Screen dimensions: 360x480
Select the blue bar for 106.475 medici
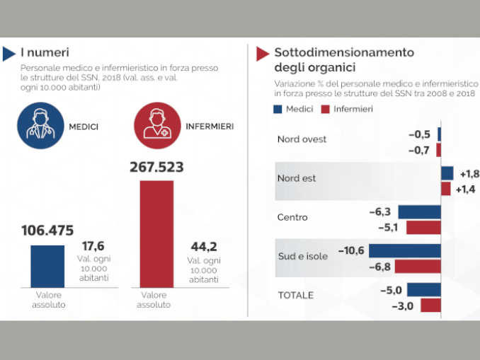[47, 266]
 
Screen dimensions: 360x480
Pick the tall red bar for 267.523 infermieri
[156, 234]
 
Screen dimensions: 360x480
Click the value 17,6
[93, 246]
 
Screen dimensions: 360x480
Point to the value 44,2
[204, 247]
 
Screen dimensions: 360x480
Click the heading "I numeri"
[44, 52]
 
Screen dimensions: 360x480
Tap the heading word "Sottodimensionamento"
[344, 52]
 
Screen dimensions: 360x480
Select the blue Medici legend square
[278, 109]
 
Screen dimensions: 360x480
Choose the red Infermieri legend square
[326, 109]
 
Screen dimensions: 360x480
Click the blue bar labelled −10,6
[405, 250]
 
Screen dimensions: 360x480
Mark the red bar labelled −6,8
[418, 267]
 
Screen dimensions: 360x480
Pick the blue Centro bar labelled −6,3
[419, 211]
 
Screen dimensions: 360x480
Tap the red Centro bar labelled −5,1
[423, 228]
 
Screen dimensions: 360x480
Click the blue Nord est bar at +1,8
[447, 173]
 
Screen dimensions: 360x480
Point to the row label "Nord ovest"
[302, 139]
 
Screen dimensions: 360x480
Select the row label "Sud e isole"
[302, 256]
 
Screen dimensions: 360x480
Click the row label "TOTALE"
[295, 295]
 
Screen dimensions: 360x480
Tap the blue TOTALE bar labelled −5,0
[423, 289]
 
